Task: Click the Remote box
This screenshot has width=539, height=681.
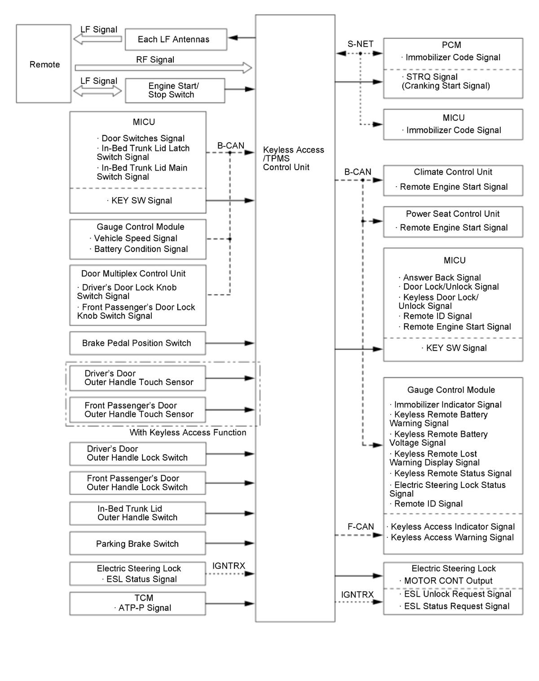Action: click(x=44, y=64)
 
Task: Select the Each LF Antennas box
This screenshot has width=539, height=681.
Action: click(x=176, y=40)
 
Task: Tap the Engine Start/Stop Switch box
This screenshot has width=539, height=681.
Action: click(x=175, y=90)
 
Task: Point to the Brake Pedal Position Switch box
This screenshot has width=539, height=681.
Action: click(x=137, y=343)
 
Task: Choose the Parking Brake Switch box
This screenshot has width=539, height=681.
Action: click(x=137, y=544)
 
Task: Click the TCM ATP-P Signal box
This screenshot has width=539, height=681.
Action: click(x=137, y=603)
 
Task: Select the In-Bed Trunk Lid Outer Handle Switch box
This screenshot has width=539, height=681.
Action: click(x=137, y=513)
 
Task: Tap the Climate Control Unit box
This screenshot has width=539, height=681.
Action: click(x=453, y=180)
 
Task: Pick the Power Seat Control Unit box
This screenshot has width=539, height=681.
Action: click(x=453, y=221)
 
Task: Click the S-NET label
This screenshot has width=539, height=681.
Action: click(x=360, y=44)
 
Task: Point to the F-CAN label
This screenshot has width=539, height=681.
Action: click(x=361, y=527)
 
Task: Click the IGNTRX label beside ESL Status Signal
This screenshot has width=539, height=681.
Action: click(x=229, y=566)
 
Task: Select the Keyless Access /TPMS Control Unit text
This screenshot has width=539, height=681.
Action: click(x=293, y=158)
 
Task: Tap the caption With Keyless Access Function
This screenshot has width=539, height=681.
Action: click(x=188, y=433)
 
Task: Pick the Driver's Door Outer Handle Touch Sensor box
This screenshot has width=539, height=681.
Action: click(x=137, y=378)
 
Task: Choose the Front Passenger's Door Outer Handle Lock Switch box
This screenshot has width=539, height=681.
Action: click(x=137, y=483)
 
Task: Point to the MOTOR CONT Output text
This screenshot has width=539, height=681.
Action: click(x=448, y=581)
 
